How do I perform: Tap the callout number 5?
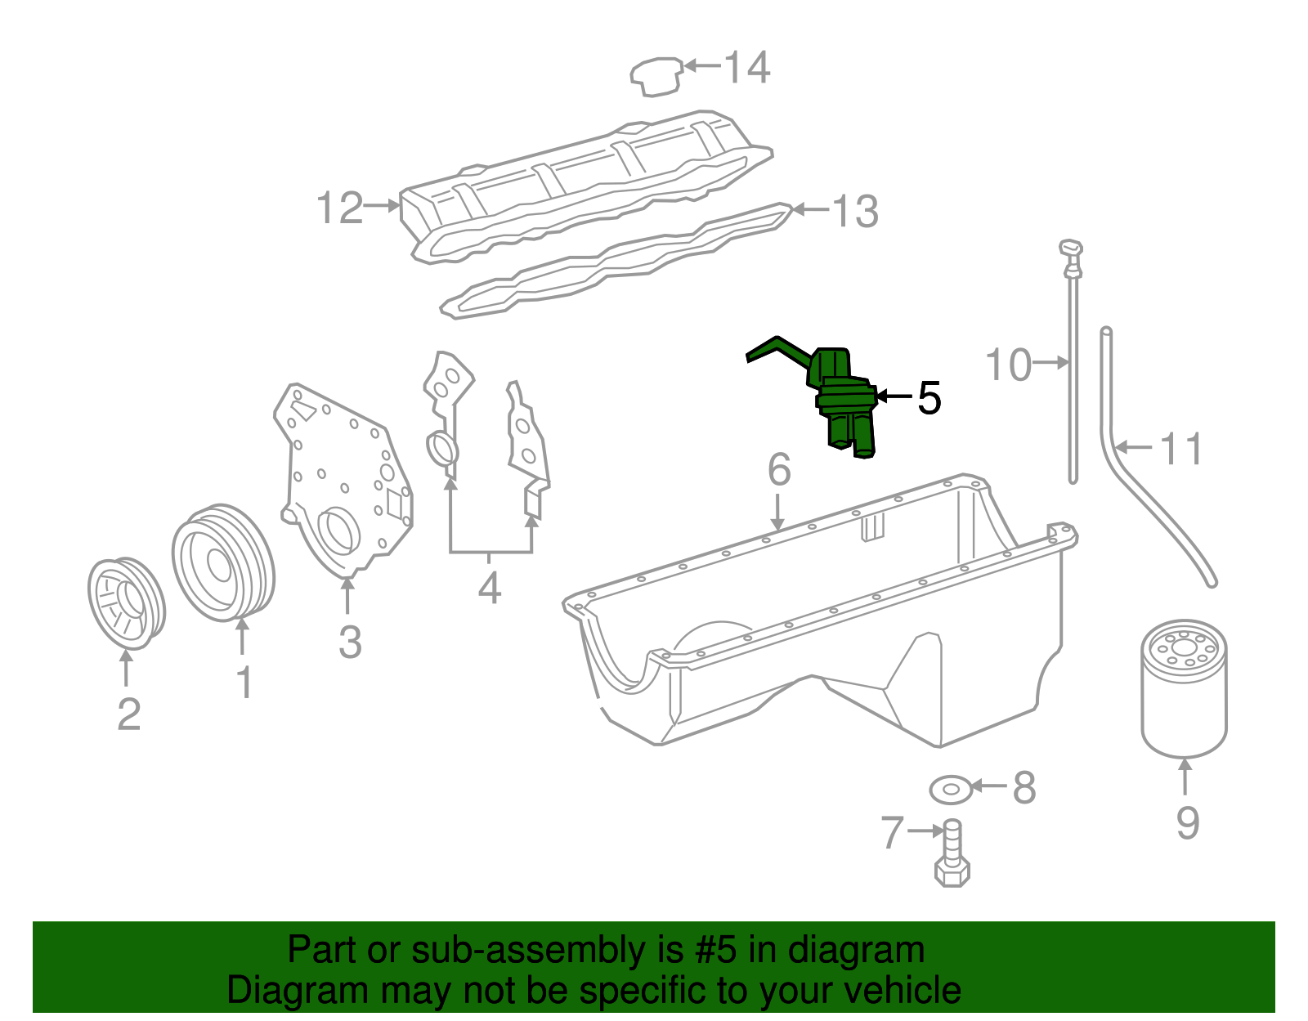point(929,397)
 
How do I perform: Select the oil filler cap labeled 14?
point(656,76)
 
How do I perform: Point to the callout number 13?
point(855,211)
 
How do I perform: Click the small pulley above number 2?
point(126,603)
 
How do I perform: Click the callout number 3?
point(350,642)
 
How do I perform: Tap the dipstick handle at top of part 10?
point(1071,248)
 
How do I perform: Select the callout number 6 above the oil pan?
point(779,469)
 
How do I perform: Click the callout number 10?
point(1008,364)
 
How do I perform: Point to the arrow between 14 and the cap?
point(701,65)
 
